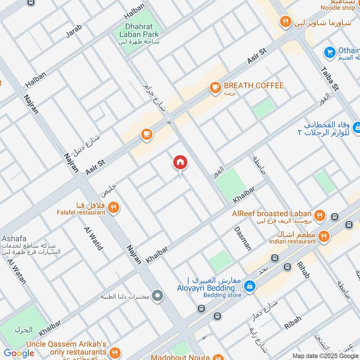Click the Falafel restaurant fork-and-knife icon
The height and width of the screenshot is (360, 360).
[x=114, y=207]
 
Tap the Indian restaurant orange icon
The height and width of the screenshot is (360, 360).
[x=323, y=236]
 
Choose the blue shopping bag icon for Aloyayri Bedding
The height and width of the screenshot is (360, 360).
[x=248, y=285]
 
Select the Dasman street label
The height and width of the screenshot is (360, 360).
[x=243, y=238]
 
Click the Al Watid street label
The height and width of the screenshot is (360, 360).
[x=94, y=238]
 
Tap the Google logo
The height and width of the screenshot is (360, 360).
[x=19, y=353]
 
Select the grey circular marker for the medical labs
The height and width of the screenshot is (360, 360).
[x=157, y=296]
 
